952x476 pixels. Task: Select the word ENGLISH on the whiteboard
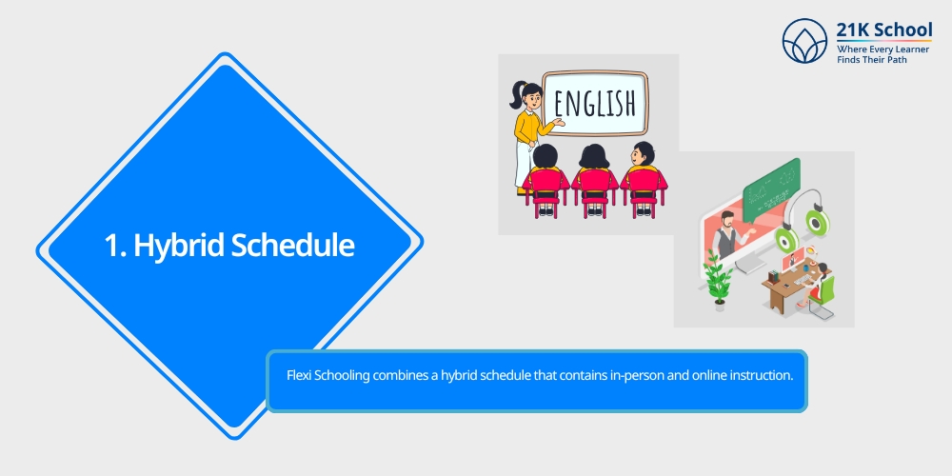[x=594, y=103]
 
